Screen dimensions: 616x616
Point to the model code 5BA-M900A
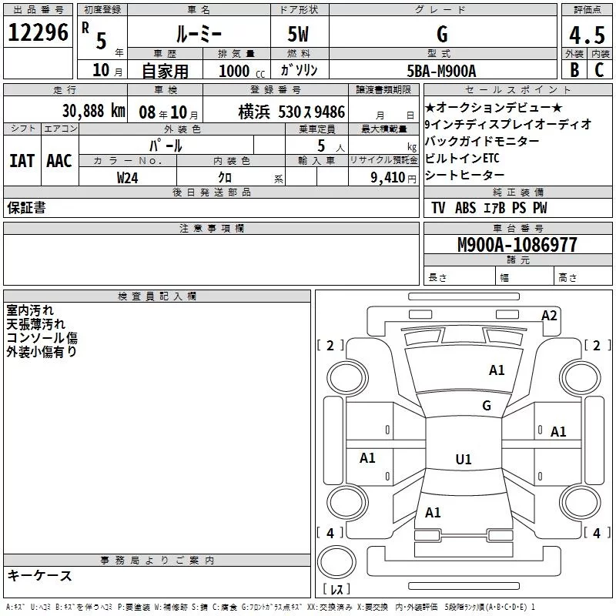(441, 71)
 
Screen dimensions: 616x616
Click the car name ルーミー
(198, 34)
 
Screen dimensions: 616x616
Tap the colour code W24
(128, 177)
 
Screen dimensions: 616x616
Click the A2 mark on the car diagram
(549, 315)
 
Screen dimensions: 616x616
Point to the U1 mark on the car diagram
(463, 460)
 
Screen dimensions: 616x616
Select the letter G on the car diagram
(486, 406)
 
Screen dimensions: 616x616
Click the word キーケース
(40, 575)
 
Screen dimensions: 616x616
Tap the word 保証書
(27, 208)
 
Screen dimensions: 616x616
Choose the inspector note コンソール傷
(42, 338)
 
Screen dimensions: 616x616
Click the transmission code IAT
(22, 160)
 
